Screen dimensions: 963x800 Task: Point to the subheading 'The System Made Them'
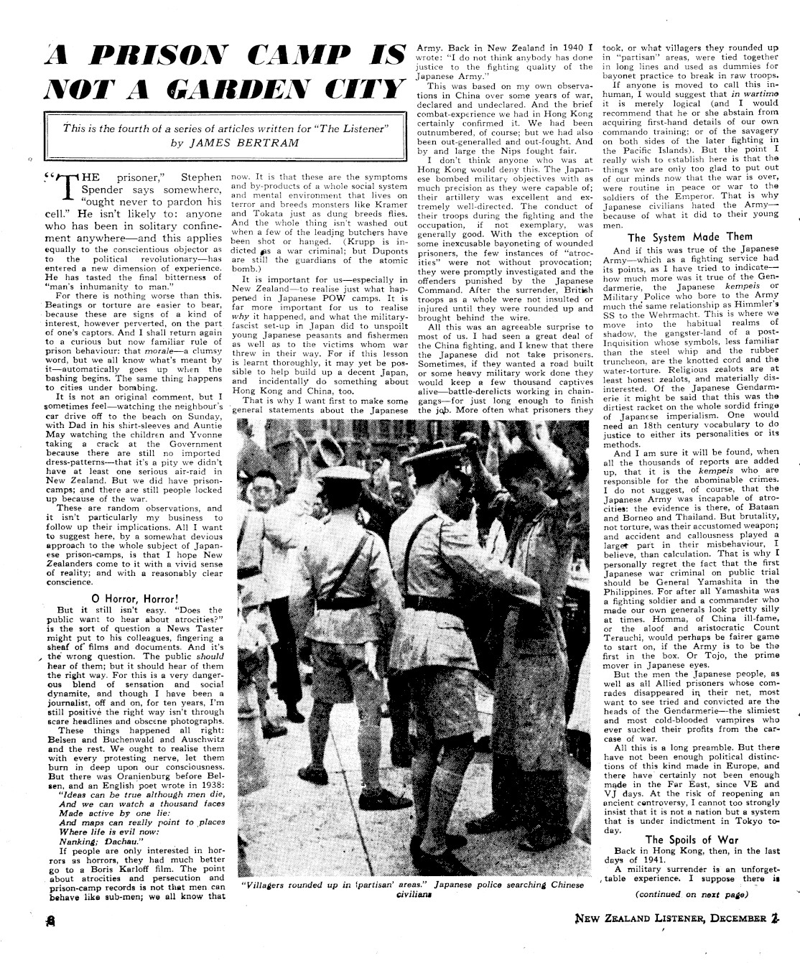[x=690, y=237]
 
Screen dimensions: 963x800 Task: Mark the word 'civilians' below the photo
[x=412, y=895]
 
